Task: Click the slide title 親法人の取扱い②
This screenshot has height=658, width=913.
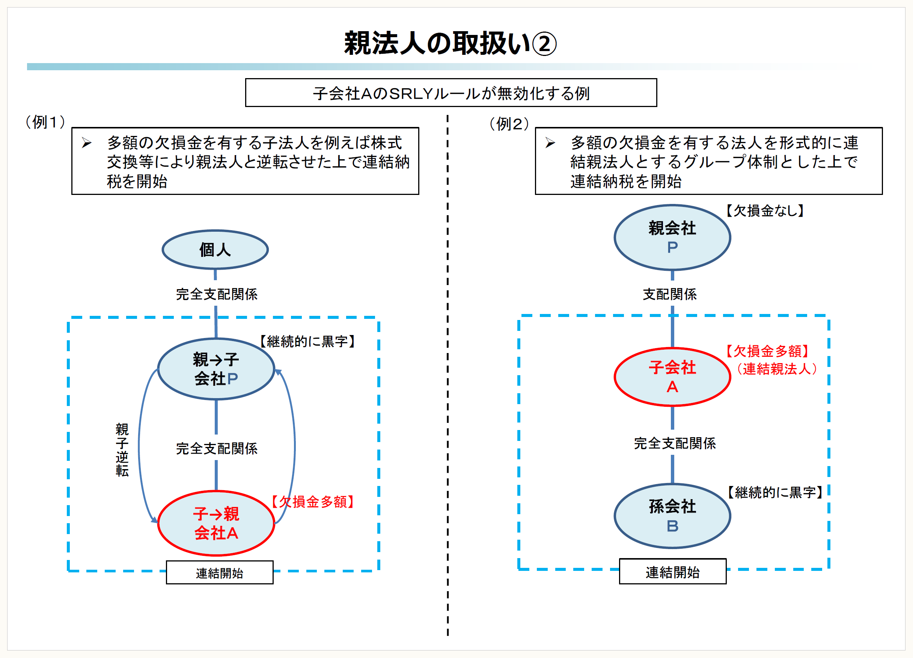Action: [450, 44]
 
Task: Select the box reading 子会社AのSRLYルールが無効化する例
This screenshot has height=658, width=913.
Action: [451, 93]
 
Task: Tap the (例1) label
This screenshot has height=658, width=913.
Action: [45, 122]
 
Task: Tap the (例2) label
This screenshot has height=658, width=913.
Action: [509, 124]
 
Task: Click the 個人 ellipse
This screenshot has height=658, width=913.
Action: [215, 250]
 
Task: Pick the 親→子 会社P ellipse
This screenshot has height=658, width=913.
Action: [216, 369]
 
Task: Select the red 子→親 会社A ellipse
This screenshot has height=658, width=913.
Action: [216, 523]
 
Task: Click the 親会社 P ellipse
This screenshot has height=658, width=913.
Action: [672, 238]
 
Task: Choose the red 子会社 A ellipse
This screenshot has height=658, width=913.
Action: [672, 377]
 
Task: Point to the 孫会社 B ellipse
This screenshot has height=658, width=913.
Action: [672, 516]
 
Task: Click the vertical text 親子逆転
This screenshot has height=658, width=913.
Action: [122, 450]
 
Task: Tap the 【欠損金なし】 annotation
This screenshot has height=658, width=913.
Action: [764, 211]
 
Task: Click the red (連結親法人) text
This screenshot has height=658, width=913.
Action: [776, 369]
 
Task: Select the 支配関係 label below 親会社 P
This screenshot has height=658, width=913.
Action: [669, 294]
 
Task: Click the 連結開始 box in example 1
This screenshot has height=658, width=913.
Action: [219, 573]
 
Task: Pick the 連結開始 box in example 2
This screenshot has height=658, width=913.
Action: [672, 572]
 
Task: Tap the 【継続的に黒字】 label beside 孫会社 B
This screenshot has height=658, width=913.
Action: [775, 492]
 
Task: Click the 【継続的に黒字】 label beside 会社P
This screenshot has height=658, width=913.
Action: [307, 341]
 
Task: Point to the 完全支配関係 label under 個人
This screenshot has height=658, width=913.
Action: [217, 294]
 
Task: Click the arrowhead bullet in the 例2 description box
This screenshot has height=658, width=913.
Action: [550, 143]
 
